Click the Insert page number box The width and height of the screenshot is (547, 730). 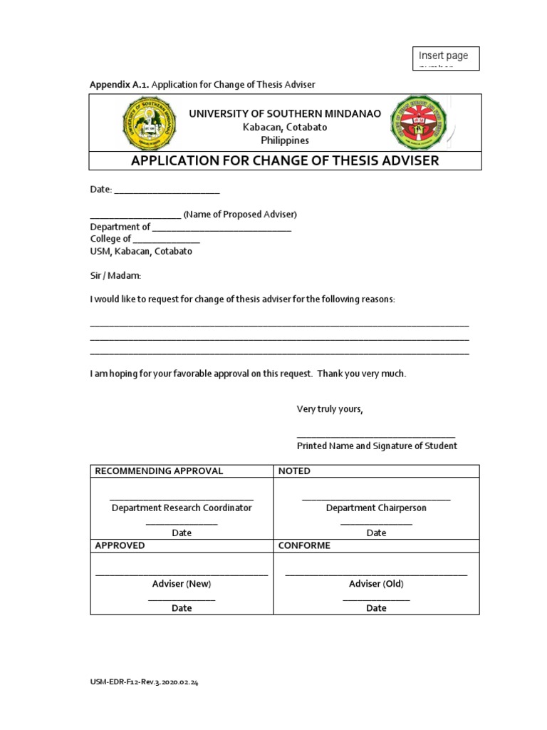point(446,58)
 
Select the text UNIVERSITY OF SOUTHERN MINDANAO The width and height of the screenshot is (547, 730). point(285,114)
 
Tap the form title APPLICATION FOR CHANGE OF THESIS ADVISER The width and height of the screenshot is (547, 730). point(285,160)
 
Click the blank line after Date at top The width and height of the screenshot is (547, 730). point(167,190)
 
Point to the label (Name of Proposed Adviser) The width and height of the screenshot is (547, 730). point(240,215)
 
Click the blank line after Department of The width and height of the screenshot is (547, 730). point(222,227)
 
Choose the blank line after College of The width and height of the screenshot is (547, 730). point(167,240)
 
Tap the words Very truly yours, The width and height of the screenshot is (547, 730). point(330,409)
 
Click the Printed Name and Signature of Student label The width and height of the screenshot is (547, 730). point(377,446)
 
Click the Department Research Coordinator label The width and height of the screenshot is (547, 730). point(182,508)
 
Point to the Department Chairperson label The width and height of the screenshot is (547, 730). point(376,508)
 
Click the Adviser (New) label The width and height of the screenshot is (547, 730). point(182,584)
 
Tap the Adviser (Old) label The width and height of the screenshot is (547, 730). point(376,584)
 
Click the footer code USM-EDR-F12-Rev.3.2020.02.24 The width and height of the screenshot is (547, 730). point(144,682)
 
